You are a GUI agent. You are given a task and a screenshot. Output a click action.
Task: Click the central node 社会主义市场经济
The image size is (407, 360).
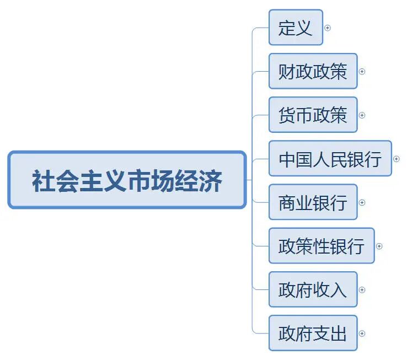127,180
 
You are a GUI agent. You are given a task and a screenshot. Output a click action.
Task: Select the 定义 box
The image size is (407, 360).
296,28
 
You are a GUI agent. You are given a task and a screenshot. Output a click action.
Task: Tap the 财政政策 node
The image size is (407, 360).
313,71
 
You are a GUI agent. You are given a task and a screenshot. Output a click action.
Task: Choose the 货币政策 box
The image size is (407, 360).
313,115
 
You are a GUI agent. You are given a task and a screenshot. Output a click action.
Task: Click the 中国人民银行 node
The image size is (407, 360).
330,159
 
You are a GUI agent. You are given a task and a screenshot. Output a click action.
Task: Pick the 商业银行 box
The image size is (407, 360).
313,202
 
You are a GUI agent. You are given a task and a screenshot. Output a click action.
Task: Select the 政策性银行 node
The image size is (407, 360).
322,246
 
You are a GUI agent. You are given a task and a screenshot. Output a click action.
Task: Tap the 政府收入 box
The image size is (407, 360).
313,289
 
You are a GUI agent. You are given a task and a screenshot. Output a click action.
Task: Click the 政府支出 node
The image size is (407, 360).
313,333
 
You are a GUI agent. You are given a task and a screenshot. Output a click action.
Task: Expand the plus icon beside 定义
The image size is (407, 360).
328,28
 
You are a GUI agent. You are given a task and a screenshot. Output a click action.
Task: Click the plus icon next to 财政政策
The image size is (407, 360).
362,71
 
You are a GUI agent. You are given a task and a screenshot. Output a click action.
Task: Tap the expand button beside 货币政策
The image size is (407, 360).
362,115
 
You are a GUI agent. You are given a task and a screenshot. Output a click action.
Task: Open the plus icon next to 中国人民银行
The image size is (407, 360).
397,159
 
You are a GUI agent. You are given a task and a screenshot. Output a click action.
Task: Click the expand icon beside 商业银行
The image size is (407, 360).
362,202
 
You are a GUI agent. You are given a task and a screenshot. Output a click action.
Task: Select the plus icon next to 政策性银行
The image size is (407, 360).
379,246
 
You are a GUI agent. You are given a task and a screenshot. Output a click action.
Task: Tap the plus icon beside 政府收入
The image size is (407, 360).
362,289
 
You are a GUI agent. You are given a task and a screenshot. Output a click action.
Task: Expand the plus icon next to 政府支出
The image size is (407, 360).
362,333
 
